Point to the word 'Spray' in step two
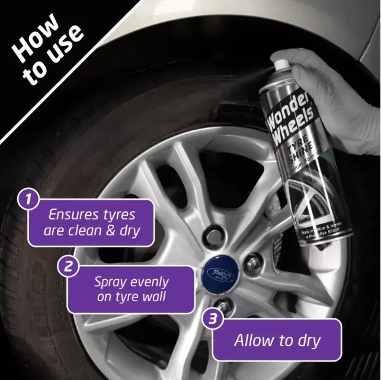click(x=110, y=282)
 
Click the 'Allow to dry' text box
click(x=277, y=341)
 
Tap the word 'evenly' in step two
click(x=148, y=282)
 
